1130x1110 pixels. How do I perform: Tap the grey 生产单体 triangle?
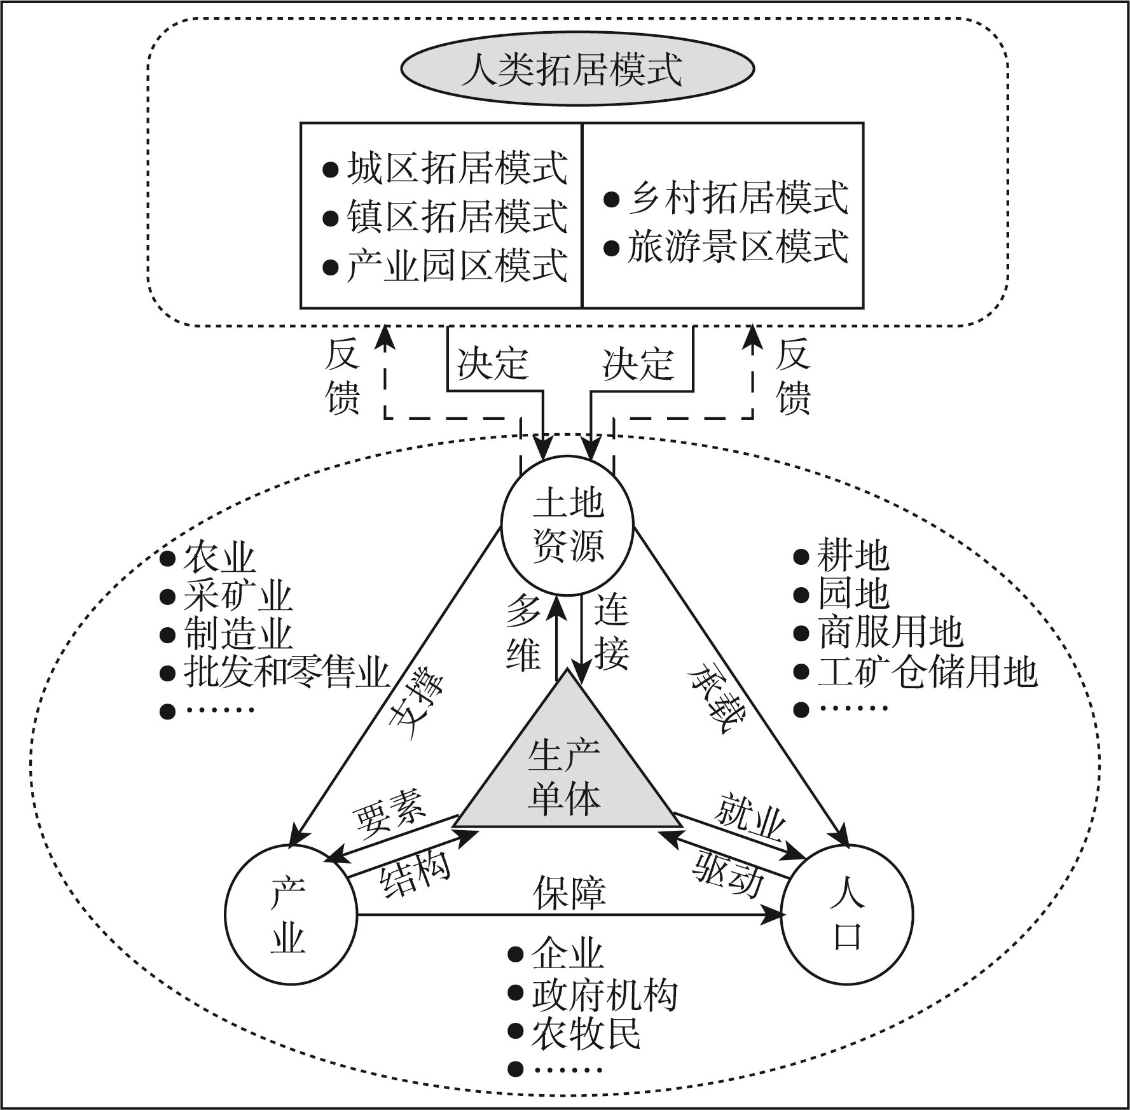click(x=565, y=776)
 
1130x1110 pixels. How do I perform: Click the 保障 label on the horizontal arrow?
click(x=569, y=892)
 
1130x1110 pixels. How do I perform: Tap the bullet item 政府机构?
click(x=604, y=996)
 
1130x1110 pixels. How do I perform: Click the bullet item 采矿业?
click(x=238, y=596)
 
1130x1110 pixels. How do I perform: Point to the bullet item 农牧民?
click(x=586, y=1034)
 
